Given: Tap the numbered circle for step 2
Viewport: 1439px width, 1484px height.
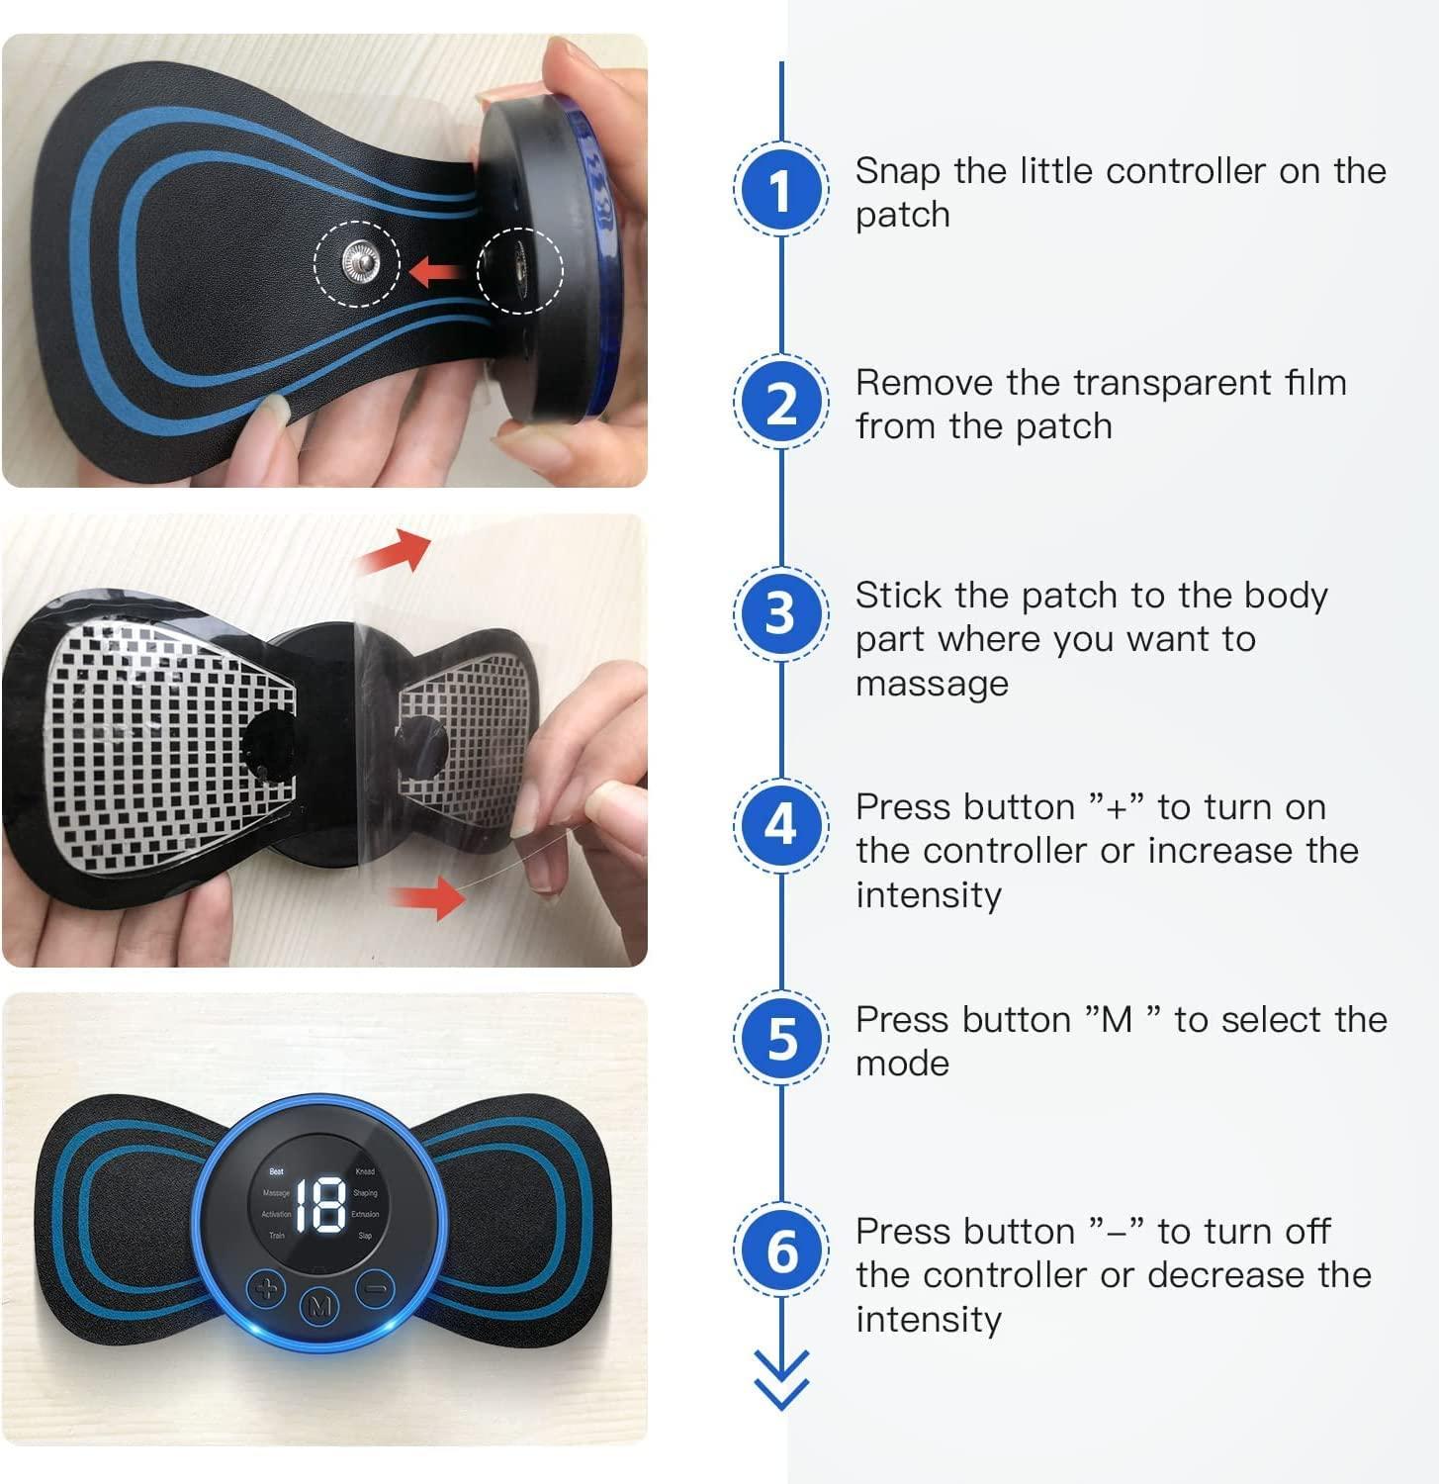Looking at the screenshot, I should tap(780, 403).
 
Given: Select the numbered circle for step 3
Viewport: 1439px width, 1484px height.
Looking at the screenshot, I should tap(780, 613).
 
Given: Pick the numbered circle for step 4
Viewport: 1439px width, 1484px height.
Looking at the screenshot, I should tap(780, 826).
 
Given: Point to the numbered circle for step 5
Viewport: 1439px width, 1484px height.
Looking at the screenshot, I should tap(780, 1038).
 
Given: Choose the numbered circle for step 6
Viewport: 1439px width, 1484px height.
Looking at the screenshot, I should tap(780, 1251).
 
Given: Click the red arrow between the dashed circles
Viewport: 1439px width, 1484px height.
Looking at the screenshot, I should tap(435, 269).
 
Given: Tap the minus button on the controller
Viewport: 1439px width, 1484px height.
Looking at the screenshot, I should tap(375, 1289).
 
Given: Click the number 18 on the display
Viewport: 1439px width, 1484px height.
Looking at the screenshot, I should tap(320, 1205).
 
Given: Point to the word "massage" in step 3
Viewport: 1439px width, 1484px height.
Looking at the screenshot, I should tap(932, 684).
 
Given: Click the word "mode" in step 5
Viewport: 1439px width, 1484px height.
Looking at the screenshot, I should tap(902, 1064).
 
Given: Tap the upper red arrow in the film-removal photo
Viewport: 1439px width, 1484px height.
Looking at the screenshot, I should tap(398, 552).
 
